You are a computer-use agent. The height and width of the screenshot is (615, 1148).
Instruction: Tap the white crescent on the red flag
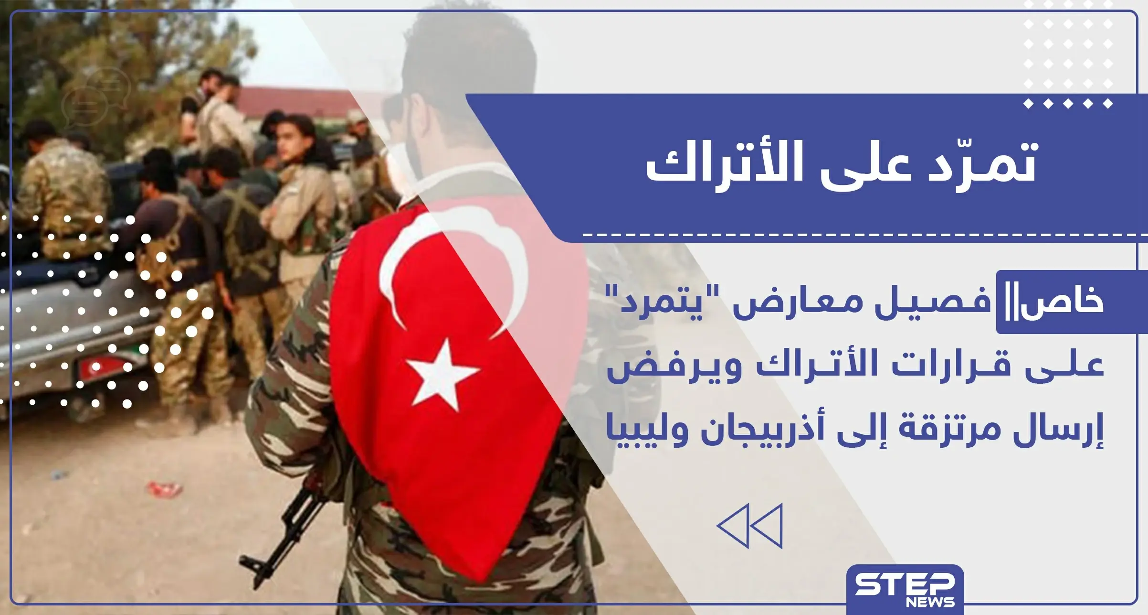coord(406,272)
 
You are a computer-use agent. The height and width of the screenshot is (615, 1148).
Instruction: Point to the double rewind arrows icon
coord(749,526)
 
